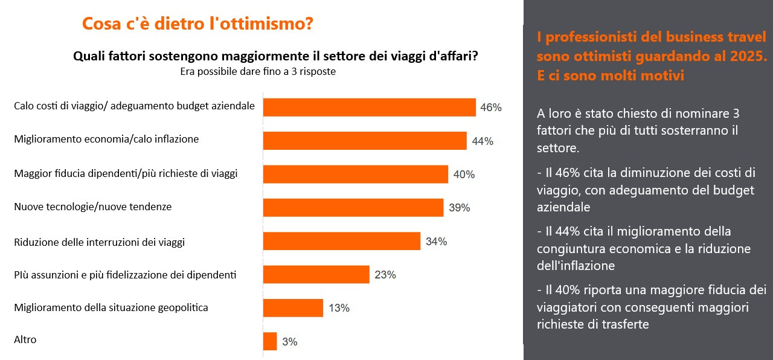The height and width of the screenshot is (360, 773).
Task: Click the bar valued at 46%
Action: (x=369, y=107)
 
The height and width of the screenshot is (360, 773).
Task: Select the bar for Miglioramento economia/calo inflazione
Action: (x=365, y=141)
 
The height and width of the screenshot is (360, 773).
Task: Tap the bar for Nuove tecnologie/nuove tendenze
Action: (x=353, y=207)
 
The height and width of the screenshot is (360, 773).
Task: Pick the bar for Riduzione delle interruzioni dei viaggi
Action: (x=342, y=241)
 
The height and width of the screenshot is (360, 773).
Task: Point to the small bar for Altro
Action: (x=270, y=341)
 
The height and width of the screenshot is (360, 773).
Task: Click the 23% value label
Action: (x=385, y=275)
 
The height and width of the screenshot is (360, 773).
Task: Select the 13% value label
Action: (x=339, y=308)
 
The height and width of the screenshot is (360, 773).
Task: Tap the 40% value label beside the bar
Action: (x=464, y=175)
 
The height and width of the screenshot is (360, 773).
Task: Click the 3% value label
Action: (x=290, y=342)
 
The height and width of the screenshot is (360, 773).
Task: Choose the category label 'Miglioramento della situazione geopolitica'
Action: (x=111, y=307)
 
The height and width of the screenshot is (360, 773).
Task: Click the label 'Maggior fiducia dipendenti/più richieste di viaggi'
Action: (x=126, y=173)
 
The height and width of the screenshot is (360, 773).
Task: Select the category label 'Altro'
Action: (x=25, y=339)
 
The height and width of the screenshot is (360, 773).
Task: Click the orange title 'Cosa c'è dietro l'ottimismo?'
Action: (x=197, y=24)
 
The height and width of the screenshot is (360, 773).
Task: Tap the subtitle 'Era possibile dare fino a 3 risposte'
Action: (x=258, y=71)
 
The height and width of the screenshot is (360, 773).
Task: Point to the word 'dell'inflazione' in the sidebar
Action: (x=576, y=266)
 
